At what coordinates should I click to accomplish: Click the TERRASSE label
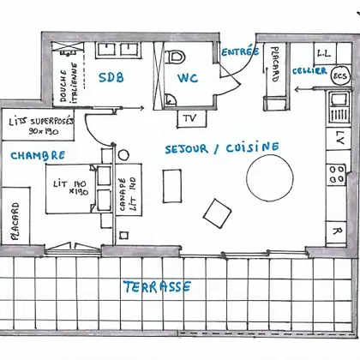point(157,287)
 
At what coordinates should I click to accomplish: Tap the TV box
point(191,118)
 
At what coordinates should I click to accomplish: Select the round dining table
point(270,177)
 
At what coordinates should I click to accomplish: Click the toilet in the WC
point(175,57)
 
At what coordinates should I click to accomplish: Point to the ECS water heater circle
point(340,76)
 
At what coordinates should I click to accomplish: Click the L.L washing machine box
point(325,53)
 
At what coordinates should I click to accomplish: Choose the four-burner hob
point(337,175)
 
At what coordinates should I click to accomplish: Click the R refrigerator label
point(337,231)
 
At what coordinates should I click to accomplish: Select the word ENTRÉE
point(240,51)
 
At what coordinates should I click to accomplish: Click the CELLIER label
point(309,71)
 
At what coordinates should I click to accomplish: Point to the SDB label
point(111,77)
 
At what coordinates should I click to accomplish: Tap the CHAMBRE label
point(38,155)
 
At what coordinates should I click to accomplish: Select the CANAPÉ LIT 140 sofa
point(129,189)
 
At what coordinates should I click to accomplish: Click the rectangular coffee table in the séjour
point(172,186)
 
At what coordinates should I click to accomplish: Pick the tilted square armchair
point(218,213)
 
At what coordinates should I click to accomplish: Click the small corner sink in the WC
point(171,99)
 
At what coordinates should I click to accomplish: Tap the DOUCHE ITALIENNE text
point(69,82)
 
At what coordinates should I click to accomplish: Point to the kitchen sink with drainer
point(339,107)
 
